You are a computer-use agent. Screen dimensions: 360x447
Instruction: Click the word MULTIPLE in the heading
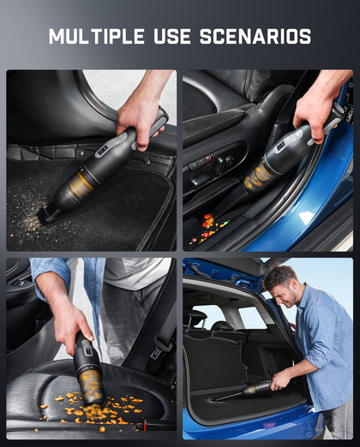coord(97,36)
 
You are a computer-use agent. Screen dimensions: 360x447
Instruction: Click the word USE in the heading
coord(172,36)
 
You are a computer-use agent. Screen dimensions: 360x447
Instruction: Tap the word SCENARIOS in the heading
coord(255,36)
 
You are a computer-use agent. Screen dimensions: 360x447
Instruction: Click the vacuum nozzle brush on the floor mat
coord(45,215)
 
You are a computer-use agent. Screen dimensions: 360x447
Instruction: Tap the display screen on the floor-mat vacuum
coord(103,150)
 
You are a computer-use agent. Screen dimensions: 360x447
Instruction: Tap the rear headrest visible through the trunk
coord(195,318)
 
